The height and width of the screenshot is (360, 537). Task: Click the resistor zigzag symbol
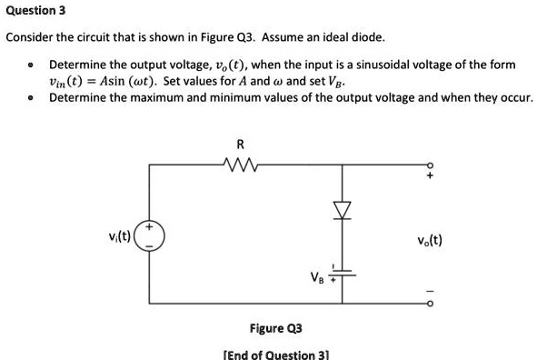pos(239,165)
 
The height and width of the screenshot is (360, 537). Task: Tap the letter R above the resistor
pos(239,145)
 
